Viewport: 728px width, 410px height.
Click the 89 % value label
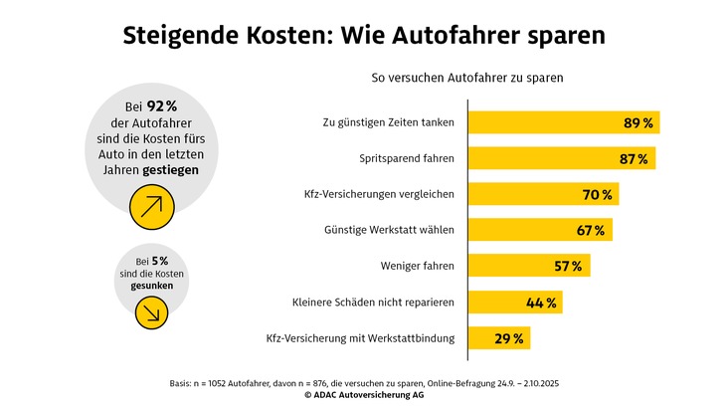pos(637,123)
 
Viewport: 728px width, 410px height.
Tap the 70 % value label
pos(598,194)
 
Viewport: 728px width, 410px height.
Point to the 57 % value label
pos(569,266)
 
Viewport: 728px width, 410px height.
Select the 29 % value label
pos(509,338)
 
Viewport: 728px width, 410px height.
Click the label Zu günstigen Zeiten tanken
pos(388,122)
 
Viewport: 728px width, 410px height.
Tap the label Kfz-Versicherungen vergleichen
pos(379,194)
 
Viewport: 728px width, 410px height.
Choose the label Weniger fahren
pos(417,266)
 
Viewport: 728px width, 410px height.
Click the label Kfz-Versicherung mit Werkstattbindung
pos(360,338)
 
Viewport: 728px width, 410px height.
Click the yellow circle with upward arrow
pos(152,206)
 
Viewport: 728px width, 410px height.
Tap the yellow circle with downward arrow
pos(152,310)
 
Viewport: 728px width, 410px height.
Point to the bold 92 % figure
pos(161,106)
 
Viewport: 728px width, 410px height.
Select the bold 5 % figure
pos(158,261)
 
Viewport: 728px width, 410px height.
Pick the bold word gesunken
pos(152,286)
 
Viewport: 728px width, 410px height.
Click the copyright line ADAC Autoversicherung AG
pos(364,395)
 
